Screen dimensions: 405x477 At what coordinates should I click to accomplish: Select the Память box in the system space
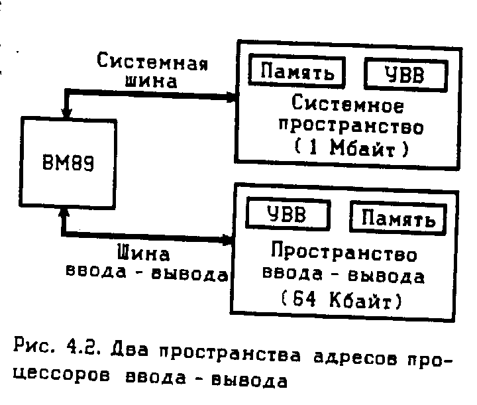point(297,72)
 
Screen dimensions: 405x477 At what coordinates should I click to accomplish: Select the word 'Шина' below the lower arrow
point(143,253)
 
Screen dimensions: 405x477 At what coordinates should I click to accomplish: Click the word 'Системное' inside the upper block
point(348,105)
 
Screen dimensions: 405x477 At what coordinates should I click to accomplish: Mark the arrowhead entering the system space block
point(229,98)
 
